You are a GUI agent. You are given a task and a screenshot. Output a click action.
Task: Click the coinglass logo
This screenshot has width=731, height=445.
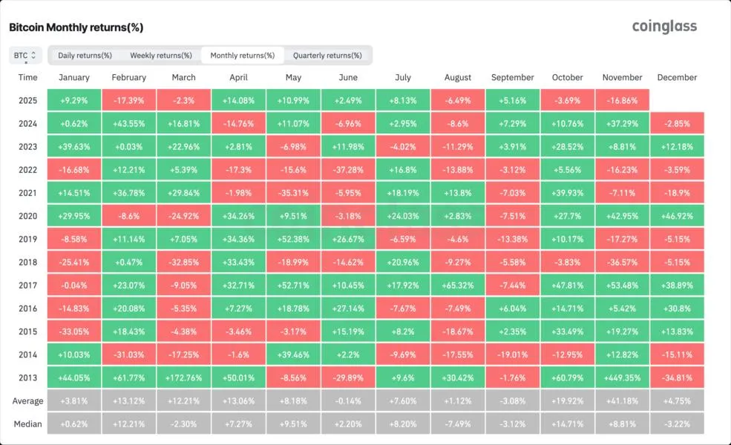[664, 27]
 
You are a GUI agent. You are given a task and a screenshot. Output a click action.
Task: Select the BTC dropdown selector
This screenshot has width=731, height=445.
[24, 55]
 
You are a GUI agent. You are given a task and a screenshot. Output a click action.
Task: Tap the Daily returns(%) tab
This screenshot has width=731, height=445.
[85, 55]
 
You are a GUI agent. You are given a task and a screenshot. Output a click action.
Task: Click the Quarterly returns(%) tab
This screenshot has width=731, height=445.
[327, 55]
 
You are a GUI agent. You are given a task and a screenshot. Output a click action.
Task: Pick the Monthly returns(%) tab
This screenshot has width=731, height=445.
[242, 55]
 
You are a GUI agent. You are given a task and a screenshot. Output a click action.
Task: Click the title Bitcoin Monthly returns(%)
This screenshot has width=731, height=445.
[76, 27]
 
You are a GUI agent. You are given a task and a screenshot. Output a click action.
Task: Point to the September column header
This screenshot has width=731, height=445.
[512, 77]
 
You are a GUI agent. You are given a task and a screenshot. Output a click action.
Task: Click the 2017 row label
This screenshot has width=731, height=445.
[27, 286]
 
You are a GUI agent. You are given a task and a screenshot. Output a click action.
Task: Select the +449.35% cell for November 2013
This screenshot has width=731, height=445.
[622, 378]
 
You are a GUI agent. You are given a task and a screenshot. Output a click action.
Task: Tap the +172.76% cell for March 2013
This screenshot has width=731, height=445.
[183, 378]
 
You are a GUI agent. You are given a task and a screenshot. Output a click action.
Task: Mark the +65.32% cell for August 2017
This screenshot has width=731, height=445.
[457, 286]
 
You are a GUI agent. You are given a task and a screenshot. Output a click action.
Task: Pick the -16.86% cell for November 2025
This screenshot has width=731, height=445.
[622, 100]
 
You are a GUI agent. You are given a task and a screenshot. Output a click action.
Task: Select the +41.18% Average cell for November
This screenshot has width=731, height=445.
[622, 401]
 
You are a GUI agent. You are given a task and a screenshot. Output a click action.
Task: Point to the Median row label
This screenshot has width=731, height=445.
[27, 424]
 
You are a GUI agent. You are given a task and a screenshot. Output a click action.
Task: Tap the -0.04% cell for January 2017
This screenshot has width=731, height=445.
[73, 286]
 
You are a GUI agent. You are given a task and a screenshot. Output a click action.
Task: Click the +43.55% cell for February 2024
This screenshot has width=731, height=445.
[128, 123]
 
